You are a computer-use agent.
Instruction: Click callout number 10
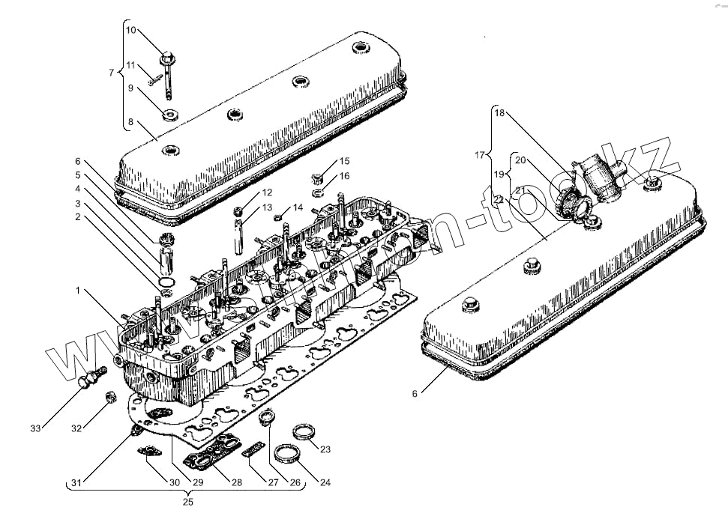[x=130, y=31]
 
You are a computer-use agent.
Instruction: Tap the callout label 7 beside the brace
[x=112, y=73]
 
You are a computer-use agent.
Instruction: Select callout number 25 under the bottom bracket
[x=188, y=502]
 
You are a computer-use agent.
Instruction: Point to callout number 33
[x=35, y=428]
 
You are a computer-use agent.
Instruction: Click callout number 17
[x=480, y=156]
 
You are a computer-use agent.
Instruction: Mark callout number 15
[x=344, y=161]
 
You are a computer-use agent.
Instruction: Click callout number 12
[x=267, y=192]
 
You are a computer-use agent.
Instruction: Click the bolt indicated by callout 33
[x=87, y=378]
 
